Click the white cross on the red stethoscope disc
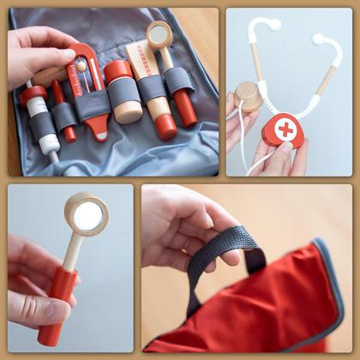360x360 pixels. tap(285, 130)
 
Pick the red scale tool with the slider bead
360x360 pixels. tap(88, 90)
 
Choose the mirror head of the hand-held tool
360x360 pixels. tap(87, 214)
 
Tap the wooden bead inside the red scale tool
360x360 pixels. tap(82, 67)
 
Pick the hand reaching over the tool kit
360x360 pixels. tap(39, 51)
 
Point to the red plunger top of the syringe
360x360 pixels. tap(33, 93)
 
